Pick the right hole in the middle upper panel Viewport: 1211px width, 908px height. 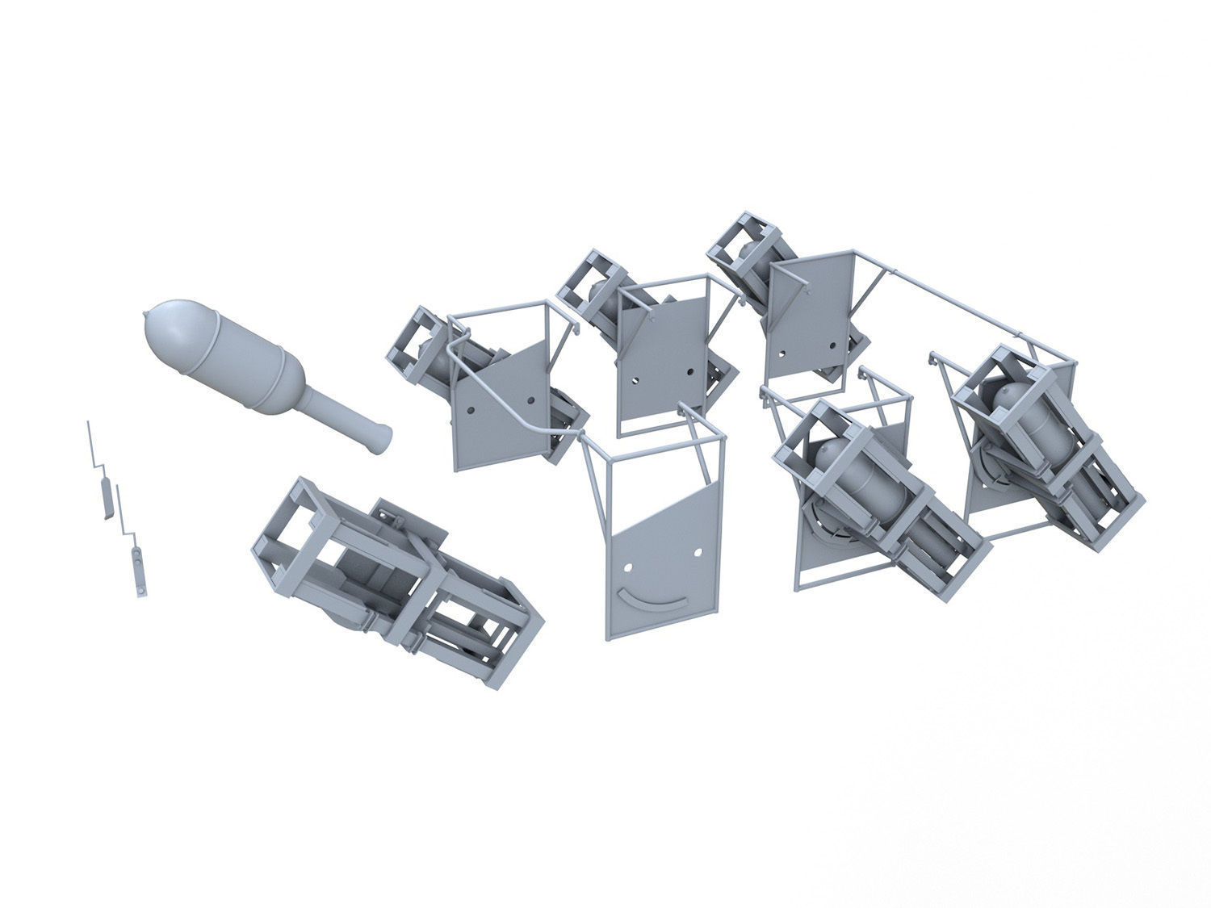click(x=691, y=372)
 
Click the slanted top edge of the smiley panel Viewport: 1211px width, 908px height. click(x=662, y=508)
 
